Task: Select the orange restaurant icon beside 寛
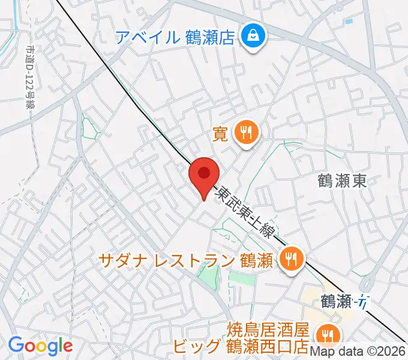(x=246, y=133)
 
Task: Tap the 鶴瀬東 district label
(x=341, y=181)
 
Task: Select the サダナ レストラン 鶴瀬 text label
(x=187, y=260)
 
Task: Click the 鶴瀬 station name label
(x=335, y=302)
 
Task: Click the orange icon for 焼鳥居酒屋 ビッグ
(x=327, y=334)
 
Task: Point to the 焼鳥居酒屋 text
(x=268, y=330)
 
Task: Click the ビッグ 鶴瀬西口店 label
(x=241, y=347)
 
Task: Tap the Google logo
(x=40, y=346)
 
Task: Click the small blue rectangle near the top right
(x=349, y=22)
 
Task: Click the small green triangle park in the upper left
(x=92, y=127)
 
